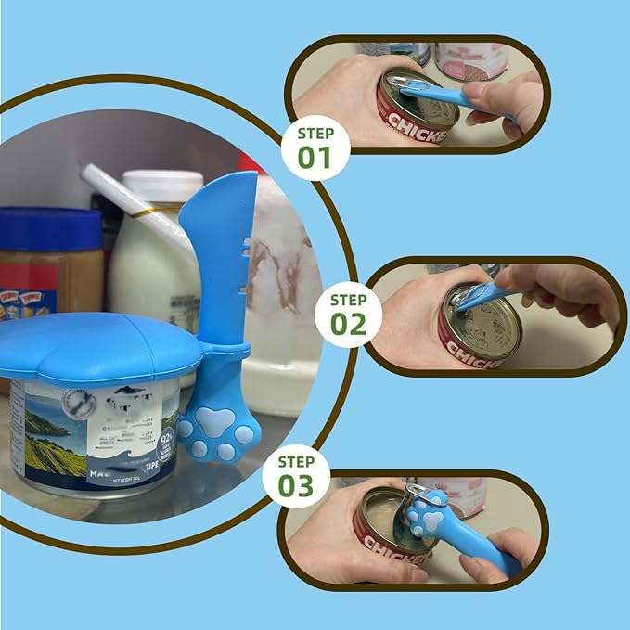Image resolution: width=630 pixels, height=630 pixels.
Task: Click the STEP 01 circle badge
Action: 315,147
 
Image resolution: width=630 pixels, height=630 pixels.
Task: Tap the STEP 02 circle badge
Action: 349,315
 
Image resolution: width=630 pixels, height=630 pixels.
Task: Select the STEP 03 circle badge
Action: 295,477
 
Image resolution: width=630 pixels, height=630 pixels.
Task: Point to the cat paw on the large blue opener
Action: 219,431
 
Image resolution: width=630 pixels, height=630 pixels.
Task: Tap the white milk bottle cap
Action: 162,185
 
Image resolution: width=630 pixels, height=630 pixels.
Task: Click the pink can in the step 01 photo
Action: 474,60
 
